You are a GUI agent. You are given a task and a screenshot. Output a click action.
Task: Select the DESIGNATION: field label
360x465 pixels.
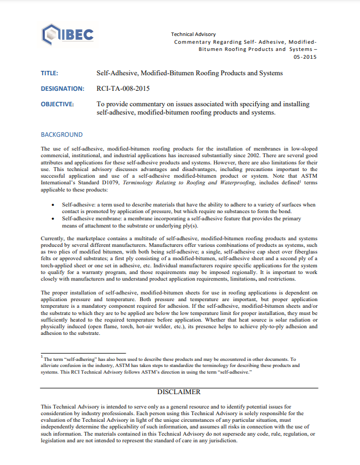pyautogui.click(x=62, y=89)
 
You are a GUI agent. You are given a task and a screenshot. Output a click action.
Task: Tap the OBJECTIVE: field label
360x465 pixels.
pyautogui.click(x=58, y=104)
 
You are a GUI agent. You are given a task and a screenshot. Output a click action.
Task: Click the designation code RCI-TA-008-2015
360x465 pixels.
pyautogui.click(x=123, y=89)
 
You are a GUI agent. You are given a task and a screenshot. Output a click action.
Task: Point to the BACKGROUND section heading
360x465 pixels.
pyautogui.click(x=61, y=135)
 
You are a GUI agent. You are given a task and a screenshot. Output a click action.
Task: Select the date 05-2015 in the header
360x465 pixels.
pyautogui.click(x=306, y=56)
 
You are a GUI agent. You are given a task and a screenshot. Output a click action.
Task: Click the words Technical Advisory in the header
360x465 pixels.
pyautogui.click(x=193, y=34)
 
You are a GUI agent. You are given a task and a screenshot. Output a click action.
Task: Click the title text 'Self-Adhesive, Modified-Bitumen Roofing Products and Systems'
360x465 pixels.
pyautogui.click(x=189, y=73)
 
